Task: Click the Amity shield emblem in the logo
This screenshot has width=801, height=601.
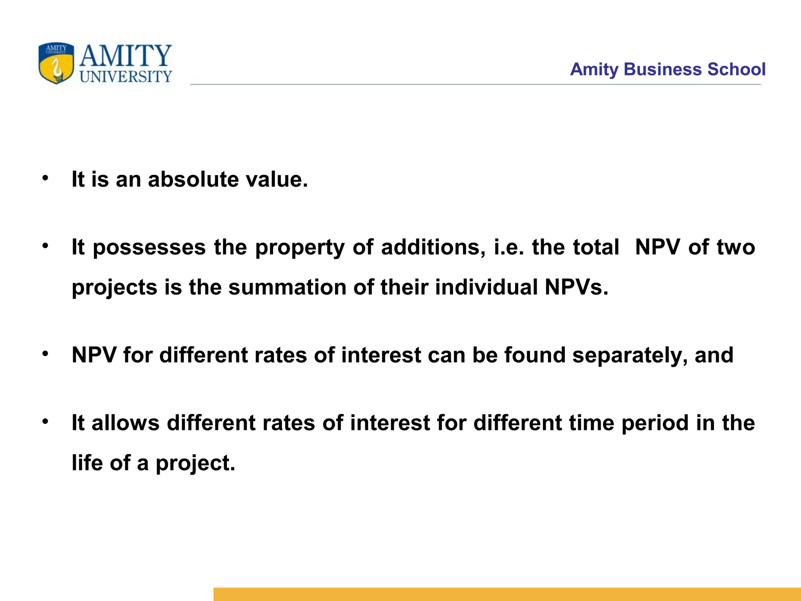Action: tap(56, 63)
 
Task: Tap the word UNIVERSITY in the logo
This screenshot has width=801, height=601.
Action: tap(126, 76)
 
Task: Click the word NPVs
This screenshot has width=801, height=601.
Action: tap(577, 287)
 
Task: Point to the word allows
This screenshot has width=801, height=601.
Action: tap(126, 423)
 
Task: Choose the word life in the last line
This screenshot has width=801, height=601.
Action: tap(87, 463)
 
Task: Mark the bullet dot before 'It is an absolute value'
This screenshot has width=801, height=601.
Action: tap(46, 178)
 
